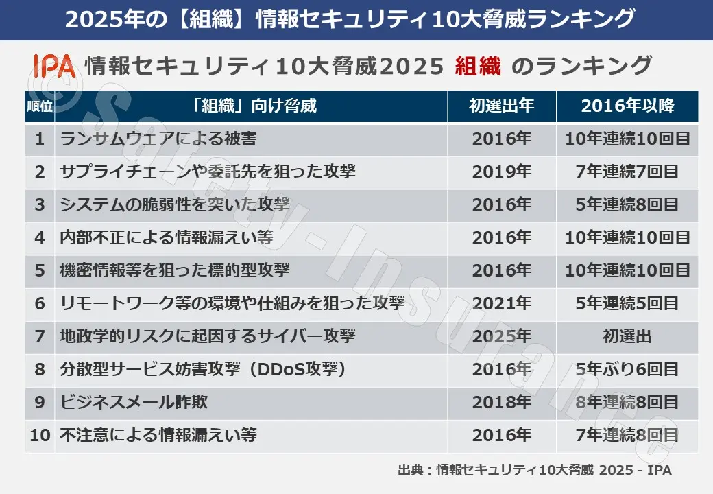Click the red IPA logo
point(54,66)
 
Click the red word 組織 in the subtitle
point(478,66)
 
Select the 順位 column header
point(40,106)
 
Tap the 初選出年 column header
point(501,106)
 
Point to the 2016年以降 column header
point(627,106)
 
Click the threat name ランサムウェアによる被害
point(158,139)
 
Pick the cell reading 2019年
point(501,172)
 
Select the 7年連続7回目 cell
point(627,172)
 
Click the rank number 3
point(40,205)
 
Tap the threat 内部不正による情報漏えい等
point(167,238)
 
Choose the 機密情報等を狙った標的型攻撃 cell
point(175,271)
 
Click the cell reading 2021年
point(501,304)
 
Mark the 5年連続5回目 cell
point(627,304)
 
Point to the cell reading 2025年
point(501,337)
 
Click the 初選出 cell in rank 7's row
point(627,337)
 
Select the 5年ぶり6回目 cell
point(627,370)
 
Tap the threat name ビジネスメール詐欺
point(134,403)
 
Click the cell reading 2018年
point(501,403)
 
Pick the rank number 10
point(40,436)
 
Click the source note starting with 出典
point(534,471)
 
